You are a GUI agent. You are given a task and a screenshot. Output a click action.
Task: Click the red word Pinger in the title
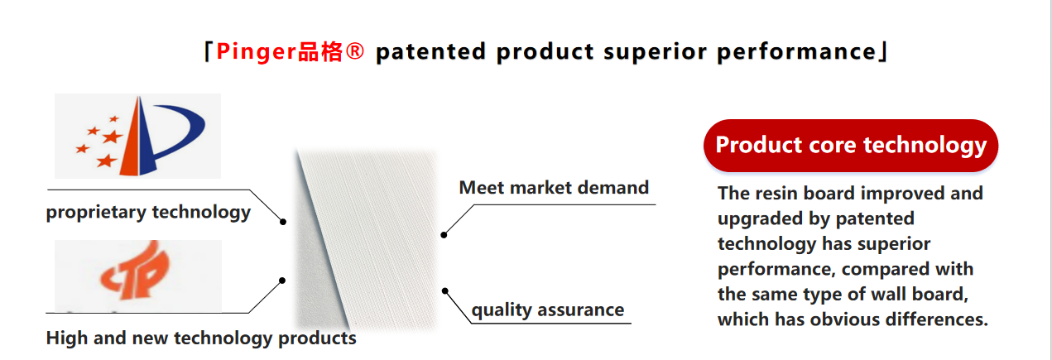256,51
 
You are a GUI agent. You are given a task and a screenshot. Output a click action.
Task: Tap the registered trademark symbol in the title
354,50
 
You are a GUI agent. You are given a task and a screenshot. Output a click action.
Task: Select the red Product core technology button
851,146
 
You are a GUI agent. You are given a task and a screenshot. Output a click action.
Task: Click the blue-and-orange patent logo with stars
137,136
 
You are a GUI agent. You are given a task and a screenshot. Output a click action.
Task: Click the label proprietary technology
148,212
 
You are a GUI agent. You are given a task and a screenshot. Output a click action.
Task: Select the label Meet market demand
554,188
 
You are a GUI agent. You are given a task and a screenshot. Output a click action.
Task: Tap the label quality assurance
548,310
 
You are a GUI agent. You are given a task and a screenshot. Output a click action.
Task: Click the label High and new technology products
201,338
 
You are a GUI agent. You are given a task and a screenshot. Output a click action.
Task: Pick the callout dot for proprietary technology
283,222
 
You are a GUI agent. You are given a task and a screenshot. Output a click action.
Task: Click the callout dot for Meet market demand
444,235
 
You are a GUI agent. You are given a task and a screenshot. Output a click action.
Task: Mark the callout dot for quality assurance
444,291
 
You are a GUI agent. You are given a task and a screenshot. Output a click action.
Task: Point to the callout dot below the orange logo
281,281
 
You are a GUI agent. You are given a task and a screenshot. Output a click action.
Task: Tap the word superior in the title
655,52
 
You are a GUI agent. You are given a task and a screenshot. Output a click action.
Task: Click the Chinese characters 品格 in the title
320,51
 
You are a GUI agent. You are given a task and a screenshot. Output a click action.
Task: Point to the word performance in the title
796,52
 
